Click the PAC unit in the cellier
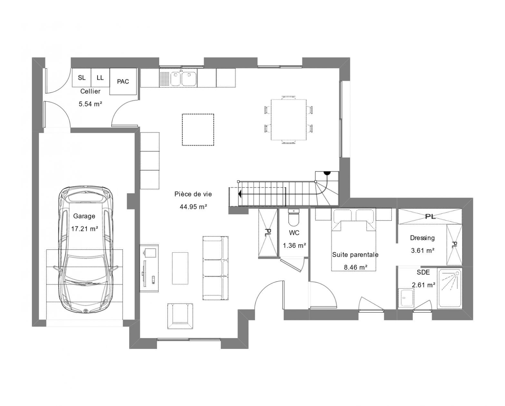[123, 82]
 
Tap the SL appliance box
[82, 78]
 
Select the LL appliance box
[100, 78]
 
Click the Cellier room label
[90, 91]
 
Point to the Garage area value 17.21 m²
[84, 228]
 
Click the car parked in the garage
[85, 250]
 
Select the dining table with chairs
[289, 120]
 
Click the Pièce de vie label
[193, 194]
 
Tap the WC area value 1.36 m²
[294, 246]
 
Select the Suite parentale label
[355, 255]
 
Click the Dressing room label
[422, 238]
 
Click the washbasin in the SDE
[406, 298]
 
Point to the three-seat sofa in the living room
[215, 268]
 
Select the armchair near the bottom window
[180, 316]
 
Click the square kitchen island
[198, 130]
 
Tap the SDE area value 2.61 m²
[424, 285]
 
